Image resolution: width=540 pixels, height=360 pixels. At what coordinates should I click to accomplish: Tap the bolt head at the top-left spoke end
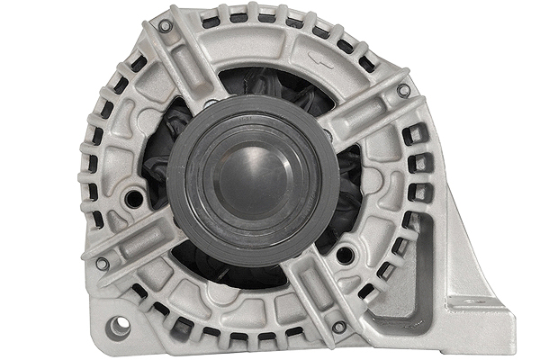click(165, 27)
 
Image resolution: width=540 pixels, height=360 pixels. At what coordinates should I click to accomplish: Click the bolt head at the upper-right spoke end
click(404, 90)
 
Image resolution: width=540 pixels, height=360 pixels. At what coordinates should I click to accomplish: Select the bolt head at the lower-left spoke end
click(103, 264)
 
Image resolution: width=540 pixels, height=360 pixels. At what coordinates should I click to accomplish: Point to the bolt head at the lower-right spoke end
click(338, 326)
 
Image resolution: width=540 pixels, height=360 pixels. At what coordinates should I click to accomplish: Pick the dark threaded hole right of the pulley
click(345, 256)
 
